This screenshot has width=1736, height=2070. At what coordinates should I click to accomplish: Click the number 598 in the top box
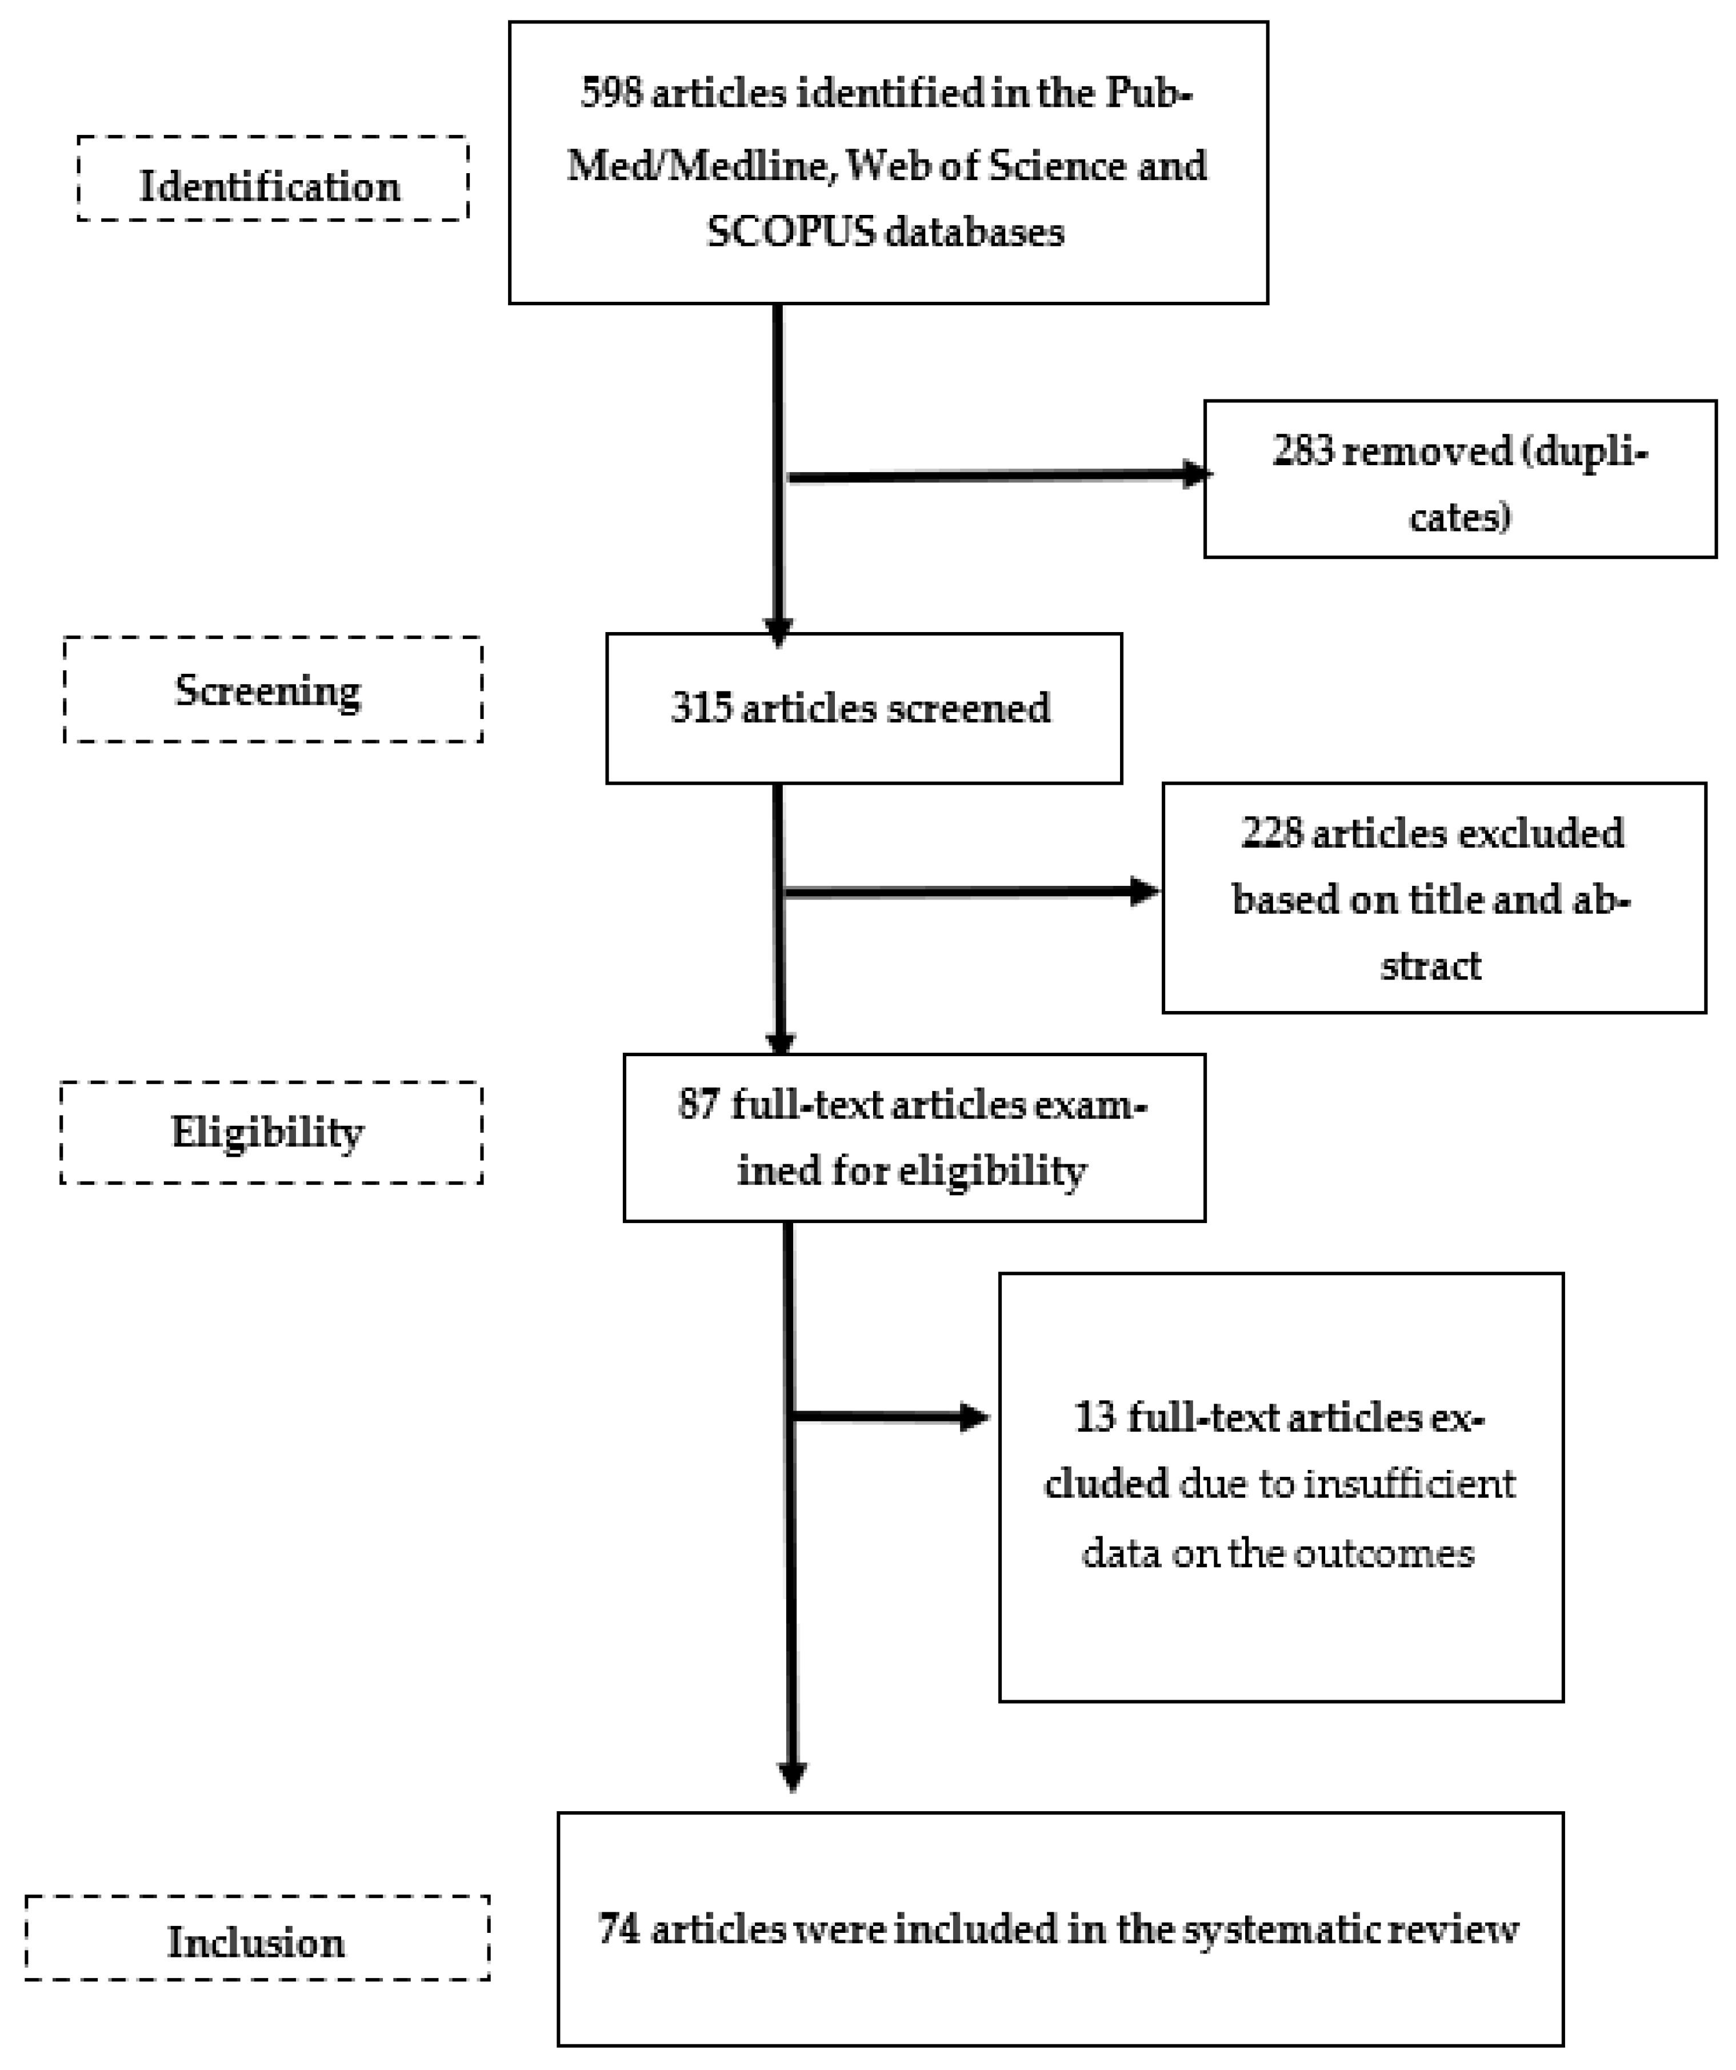tap(611, 94)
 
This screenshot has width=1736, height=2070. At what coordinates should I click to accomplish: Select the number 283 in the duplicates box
tap(1303, 451)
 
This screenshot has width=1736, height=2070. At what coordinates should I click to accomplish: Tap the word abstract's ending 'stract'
tap(1430, 966)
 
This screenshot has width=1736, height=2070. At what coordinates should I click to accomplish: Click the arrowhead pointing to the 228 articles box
tap(1146, 891)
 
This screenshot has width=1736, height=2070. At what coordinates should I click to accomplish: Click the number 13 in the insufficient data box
tap(1094, 1417)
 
